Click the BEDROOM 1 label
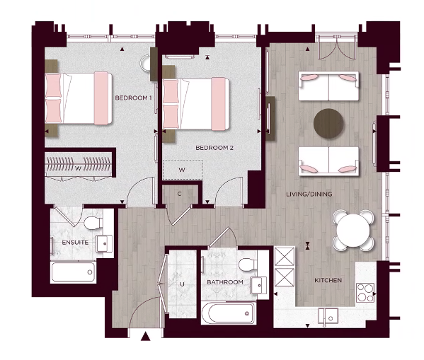click(x=133, y=98)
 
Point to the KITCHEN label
click(x=328, y=281)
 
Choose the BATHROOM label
click(x=225, y=282)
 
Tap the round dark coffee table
click(x=328, y=123)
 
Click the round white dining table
click(x=353, y=229)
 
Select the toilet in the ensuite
click(x=92, y=224)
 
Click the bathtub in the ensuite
click(x=74, y=271)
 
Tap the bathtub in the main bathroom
click(x=228, y=311)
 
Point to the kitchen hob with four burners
click(x=365, y=291)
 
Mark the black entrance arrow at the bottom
click(x=146, y=337)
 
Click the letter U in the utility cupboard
click(x=182, y=284)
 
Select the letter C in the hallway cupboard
click(x=180, y=193)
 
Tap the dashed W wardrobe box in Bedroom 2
click(x=183, y=170)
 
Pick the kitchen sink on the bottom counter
click(x=330, y=313)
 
